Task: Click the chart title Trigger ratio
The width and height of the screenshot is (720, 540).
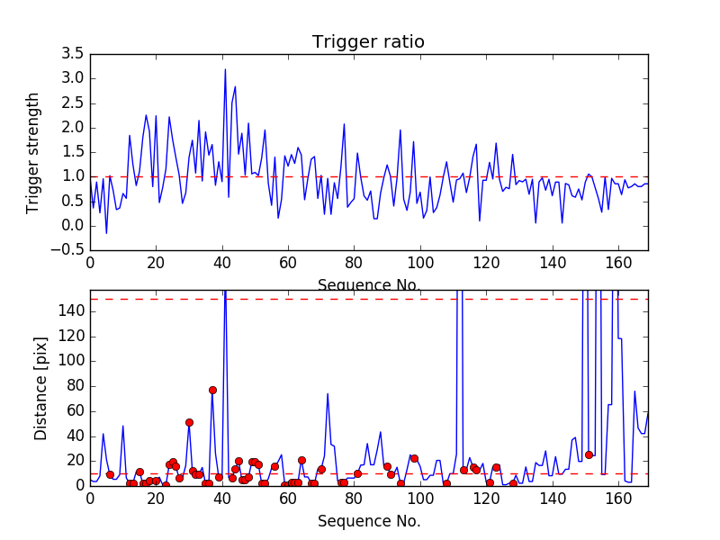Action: pyautogui.click(x=368, y=42)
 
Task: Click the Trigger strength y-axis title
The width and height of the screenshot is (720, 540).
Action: pyautogui.click(x=33, y=152)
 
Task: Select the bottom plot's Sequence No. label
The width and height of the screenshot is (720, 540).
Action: pyautogui.click(x=368, y=521)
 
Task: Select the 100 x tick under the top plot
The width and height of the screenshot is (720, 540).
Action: pyautogui.click(x=420, y=265)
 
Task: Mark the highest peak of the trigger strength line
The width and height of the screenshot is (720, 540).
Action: pyautogui.click(x=225, y=69)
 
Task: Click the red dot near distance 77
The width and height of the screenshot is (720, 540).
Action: pyautogui.click(x=212, y=390)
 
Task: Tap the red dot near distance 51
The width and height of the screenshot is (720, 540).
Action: pyautogui.click(x=189, y=422)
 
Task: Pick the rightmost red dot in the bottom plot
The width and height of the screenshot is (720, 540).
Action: pyautogui.click(x=589, y=454)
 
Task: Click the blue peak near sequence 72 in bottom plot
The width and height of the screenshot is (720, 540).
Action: pyautogui.click(x=328, y=393)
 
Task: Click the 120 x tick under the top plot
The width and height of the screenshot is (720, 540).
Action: pyautogui.click(x=486, y=265)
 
